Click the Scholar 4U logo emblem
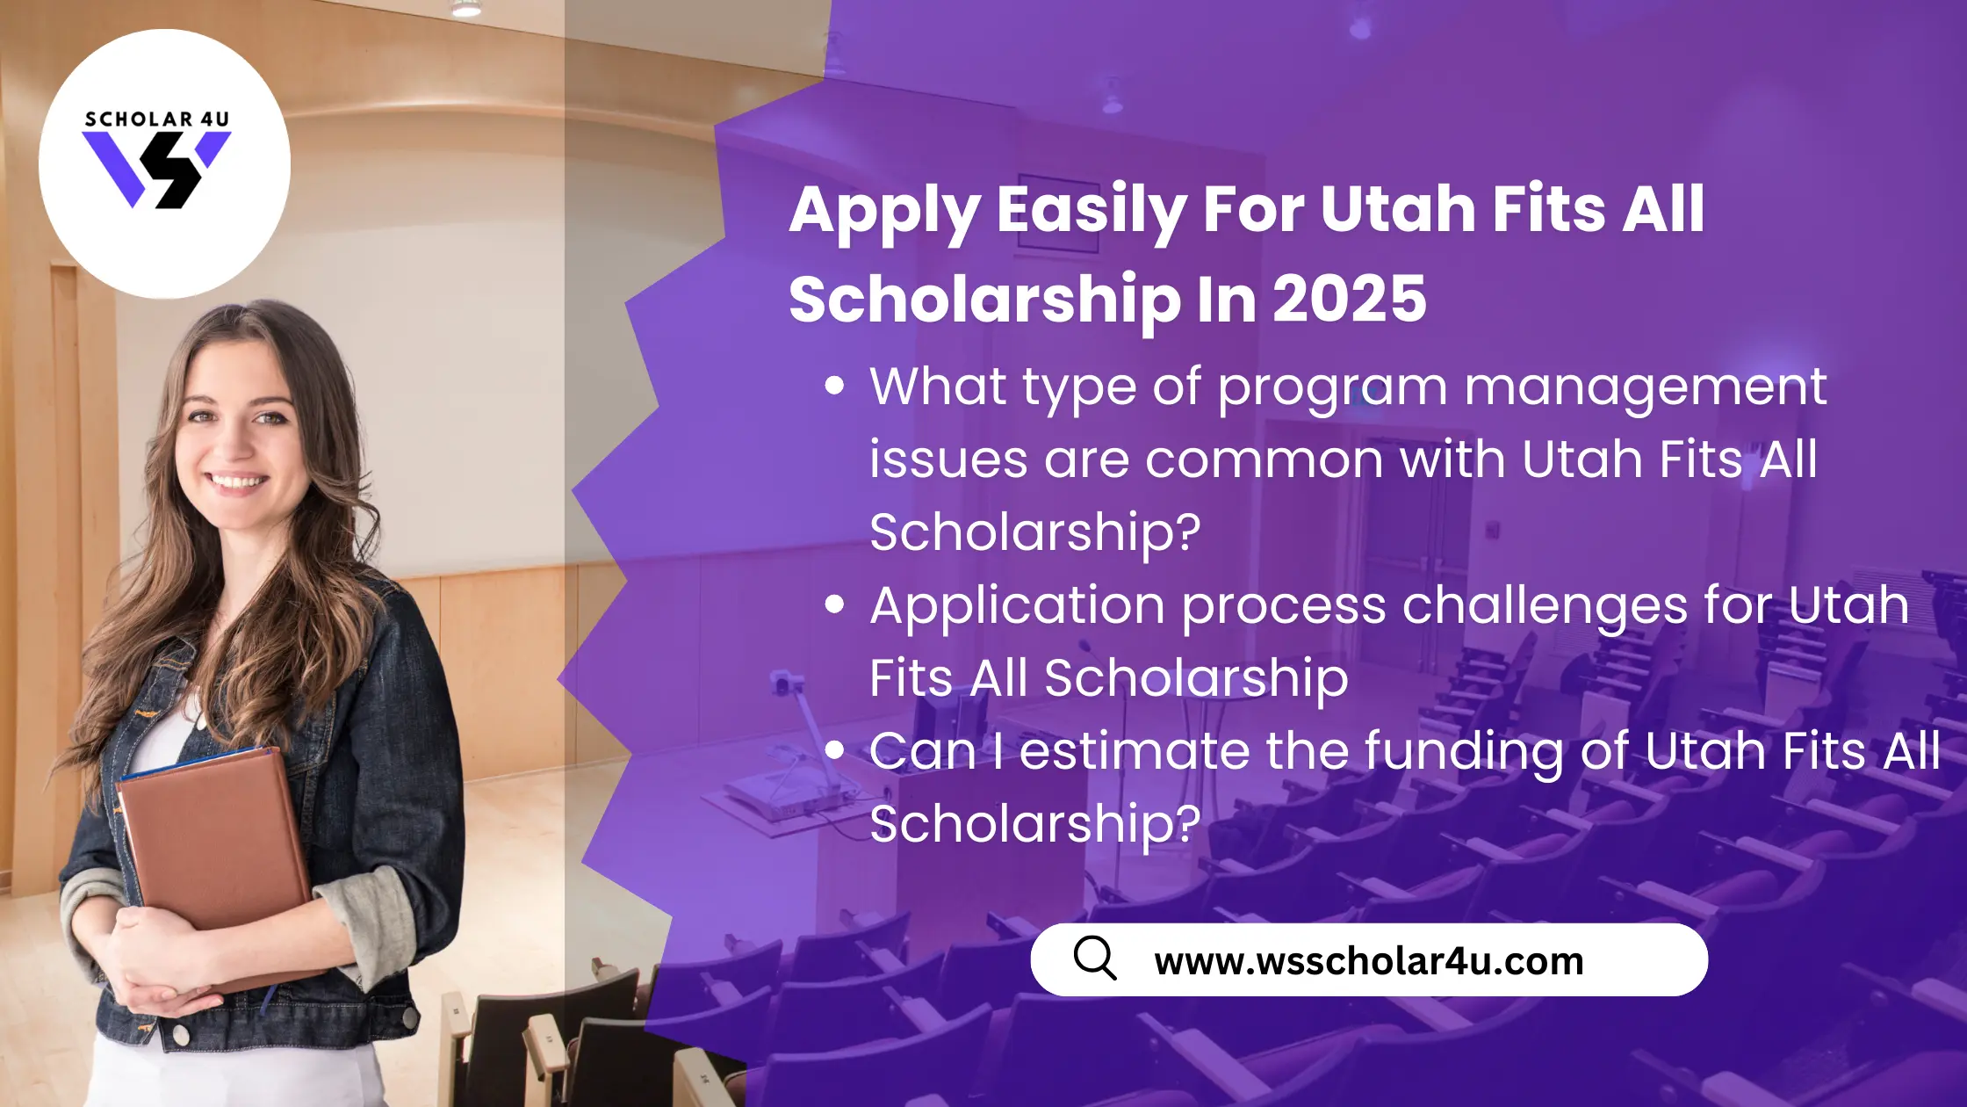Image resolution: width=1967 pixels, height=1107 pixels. coord(156,170)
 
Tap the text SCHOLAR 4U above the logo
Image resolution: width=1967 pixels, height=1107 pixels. coord(157,119)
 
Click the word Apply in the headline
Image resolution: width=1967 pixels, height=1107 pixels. coord(884,213)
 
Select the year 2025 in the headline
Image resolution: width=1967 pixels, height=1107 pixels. coord(1350,299)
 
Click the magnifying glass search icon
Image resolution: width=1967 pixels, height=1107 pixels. coord(1095,958)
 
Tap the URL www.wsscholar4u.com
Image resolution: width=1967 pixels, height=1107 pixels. coord(1369,960)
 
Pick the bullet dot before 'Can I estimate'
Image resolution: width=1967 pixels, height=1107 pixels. coord(834,749)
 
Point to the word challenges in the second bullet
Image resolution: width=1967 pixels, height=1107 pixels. coord(1545,608)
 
